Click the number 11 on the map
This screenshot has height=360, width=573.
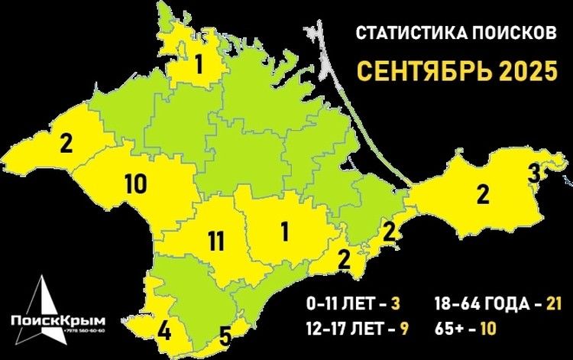pos(215,242)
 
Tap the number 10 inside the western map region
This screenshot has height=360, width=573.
pos(134,183)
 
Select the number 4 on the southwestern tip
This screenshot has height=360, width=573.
pos(164,332)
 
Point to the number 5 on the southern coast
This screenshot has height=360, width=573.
pos(225,335)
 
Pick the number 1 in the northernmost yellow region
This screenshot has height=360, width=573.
pos(199,66)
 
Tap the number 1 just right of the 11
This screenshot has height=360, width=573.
pos(284,229)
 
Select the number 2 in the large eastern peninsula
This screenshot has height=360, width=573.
pos(482,194)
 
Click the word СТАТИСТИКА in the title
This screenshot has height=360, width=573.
pos(403,34)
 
